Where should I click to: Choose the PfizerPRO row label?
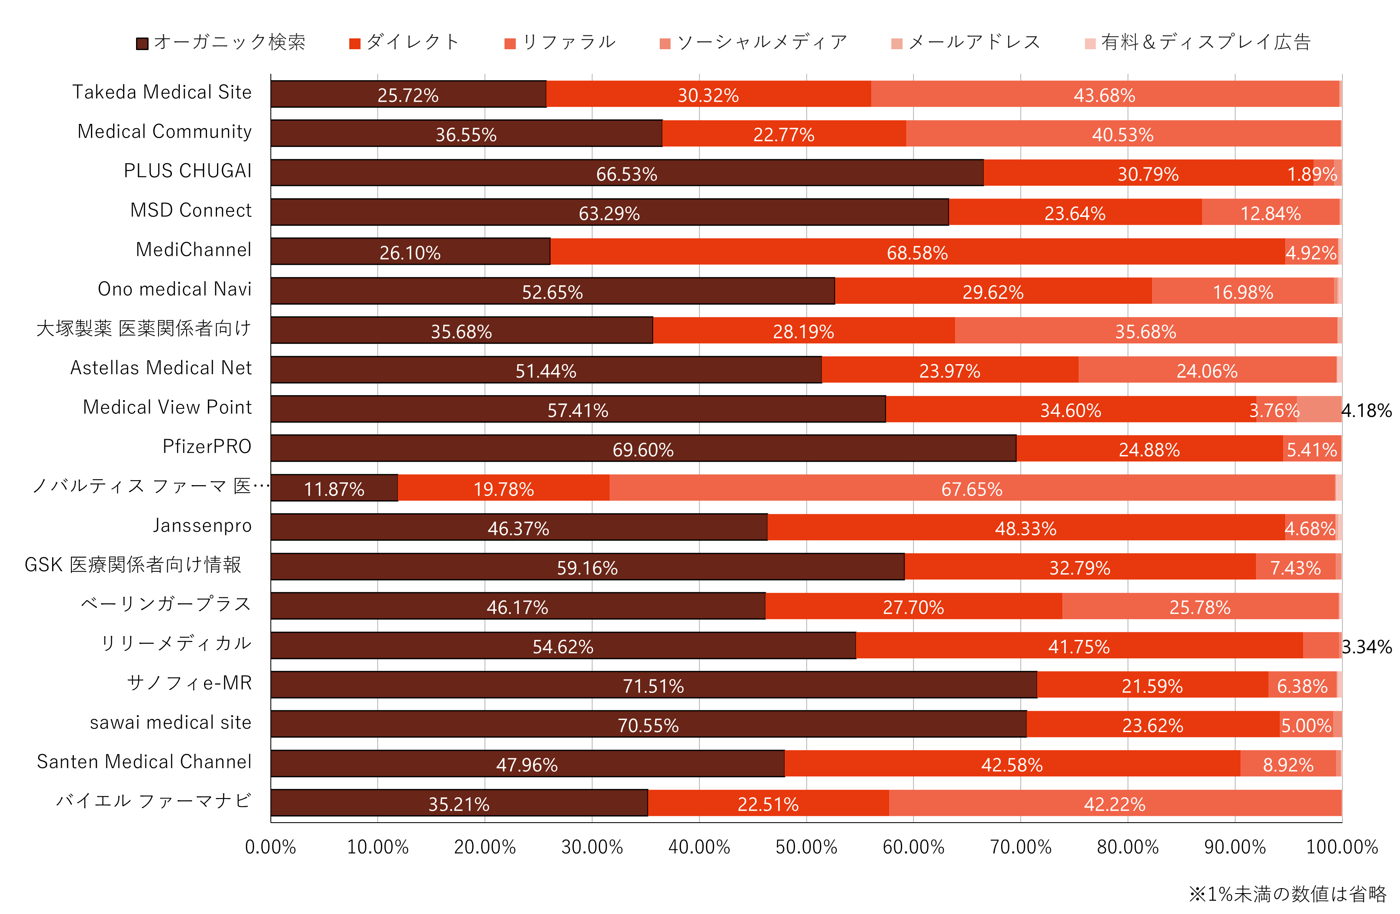(207, 446)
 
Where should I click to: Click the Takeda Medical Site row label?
(162, 92)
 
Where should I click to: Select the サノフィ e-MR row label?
(189, 683)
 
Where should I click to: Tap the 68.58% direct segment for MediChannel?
(917, 252)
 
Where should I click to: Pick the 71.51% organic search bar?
(653, 686)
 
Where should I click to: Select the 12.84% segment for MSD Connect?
(1271, 213)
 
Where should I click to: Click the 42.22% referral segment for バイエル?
(1115, 804)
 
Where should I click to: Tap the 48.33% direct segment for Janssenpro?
(1026, 528)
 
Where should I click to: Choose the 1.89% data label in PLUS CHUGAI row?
(1312, 174)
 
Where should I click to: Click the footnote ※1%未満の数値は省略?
(1287, 894)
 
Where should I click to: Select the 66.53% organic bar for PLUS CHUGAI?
(626, 174)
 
